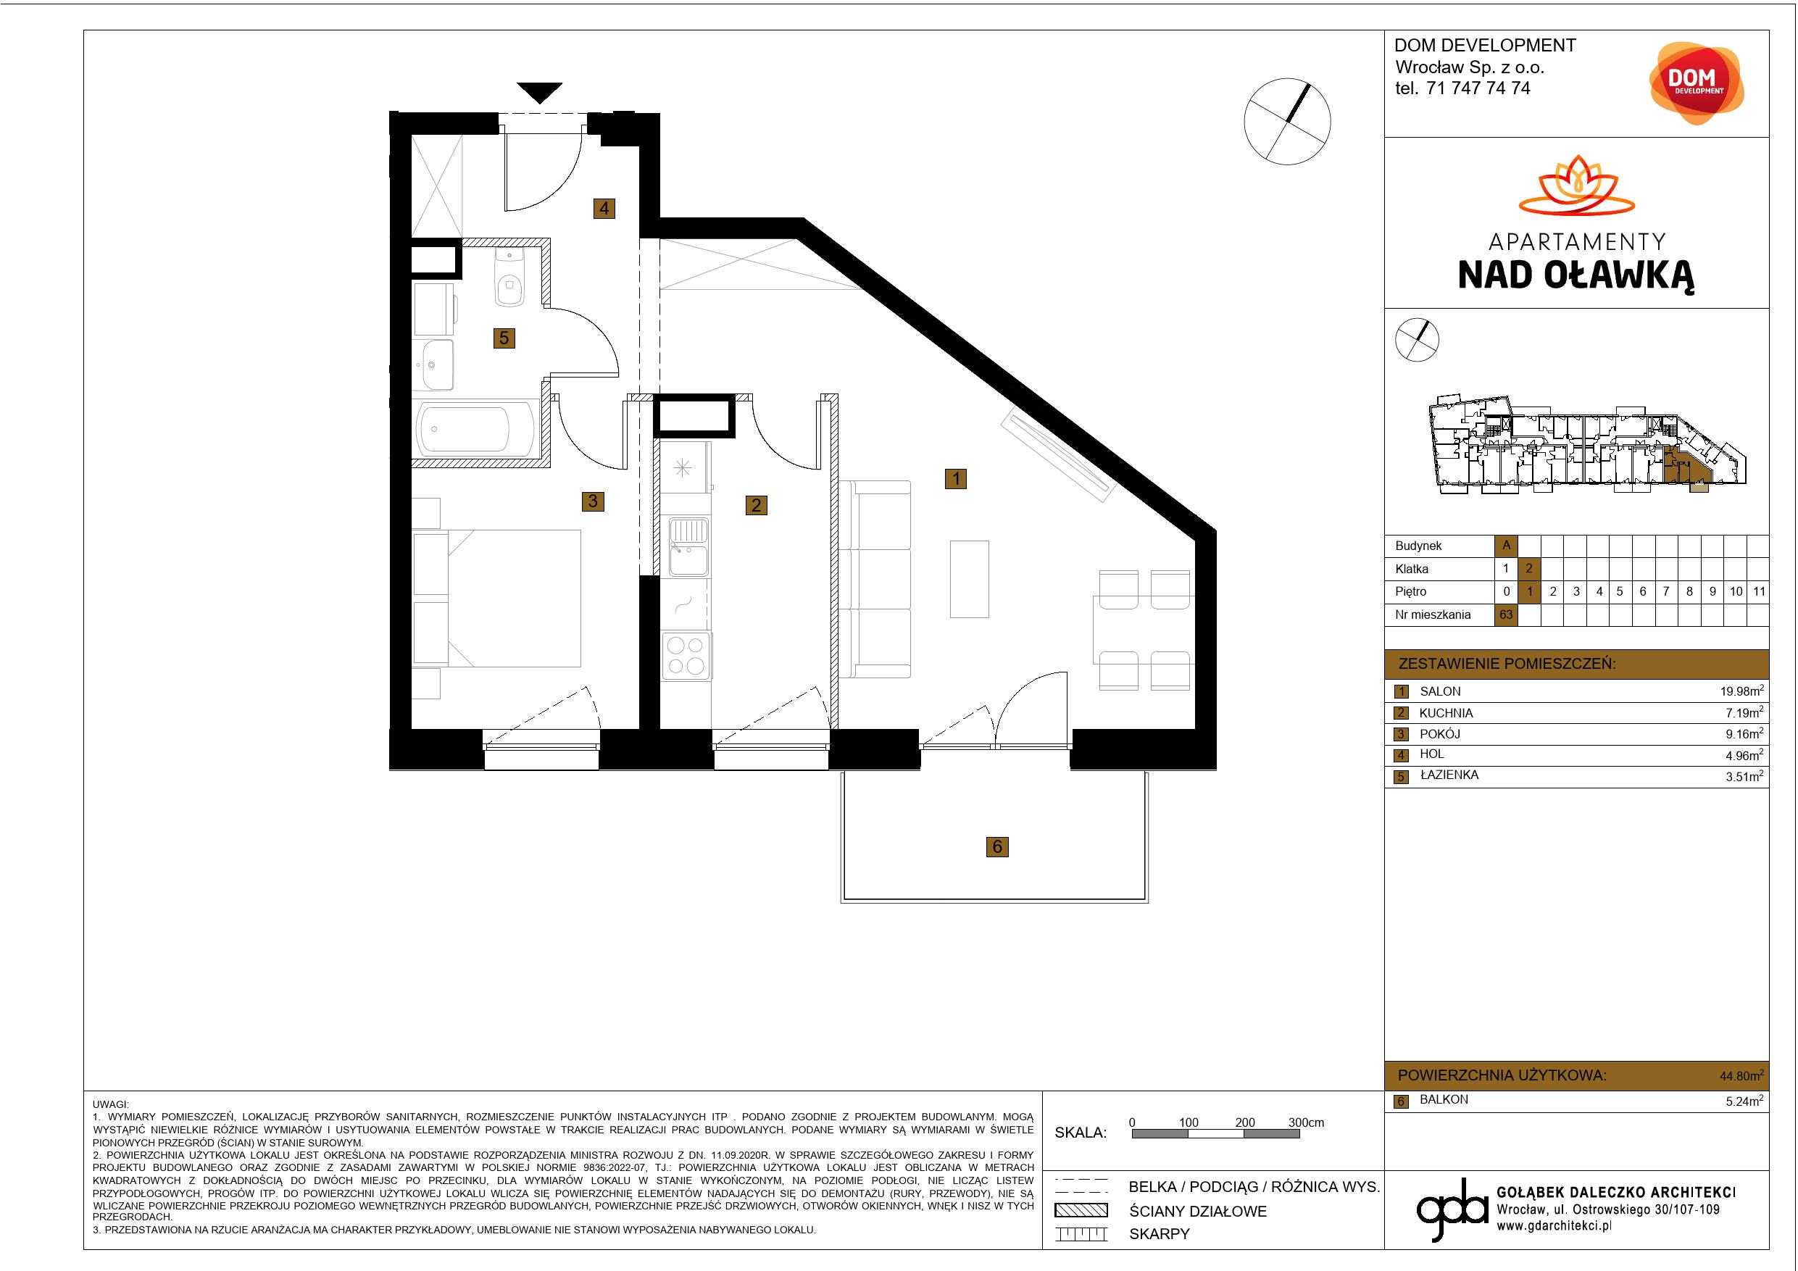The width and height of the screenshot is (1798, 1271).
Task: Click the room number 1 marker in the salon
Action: (x=955, y=478)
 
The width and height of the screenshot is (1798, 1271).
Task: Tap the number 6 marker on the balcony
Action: (x=997, y=846)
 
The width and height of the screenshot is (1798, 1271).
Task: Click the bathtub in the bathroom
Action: (x=476, y=429)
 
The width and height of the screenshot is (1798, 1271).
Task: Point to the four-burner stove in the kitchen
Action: (x=687, y=656)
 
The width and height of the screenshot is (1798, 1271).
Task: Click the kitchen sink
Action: (x=688, y=546)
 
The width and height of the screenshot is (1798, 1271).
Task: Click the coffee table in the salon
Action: (x=970, y=579)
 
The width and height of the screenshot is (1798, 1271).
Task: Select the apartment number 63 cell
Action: (x=1506, y=614)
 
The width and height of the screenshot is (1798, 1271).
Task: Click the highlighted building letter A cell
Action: (x=1506, y=546)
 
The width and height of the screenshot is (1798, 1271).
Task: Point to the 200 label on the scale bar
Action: (x=1245, y=1122)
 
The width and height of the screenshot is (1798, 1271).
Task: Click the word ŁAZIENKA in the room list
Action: (x=1449, y=775)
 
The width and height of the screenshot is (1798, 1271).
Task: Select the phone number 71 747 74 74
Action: (x=1478, y=88)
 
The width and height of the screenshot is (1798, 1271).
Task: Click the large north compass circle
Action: (x=1287, y=122)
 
